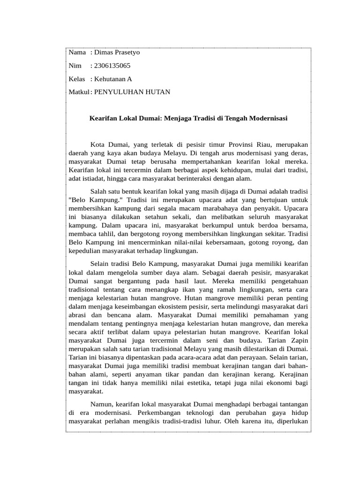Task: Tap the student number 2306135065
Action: (112, 66)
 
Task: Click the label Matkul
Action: (78, 92)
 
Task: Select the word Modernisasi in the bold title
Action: (267, 119)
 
